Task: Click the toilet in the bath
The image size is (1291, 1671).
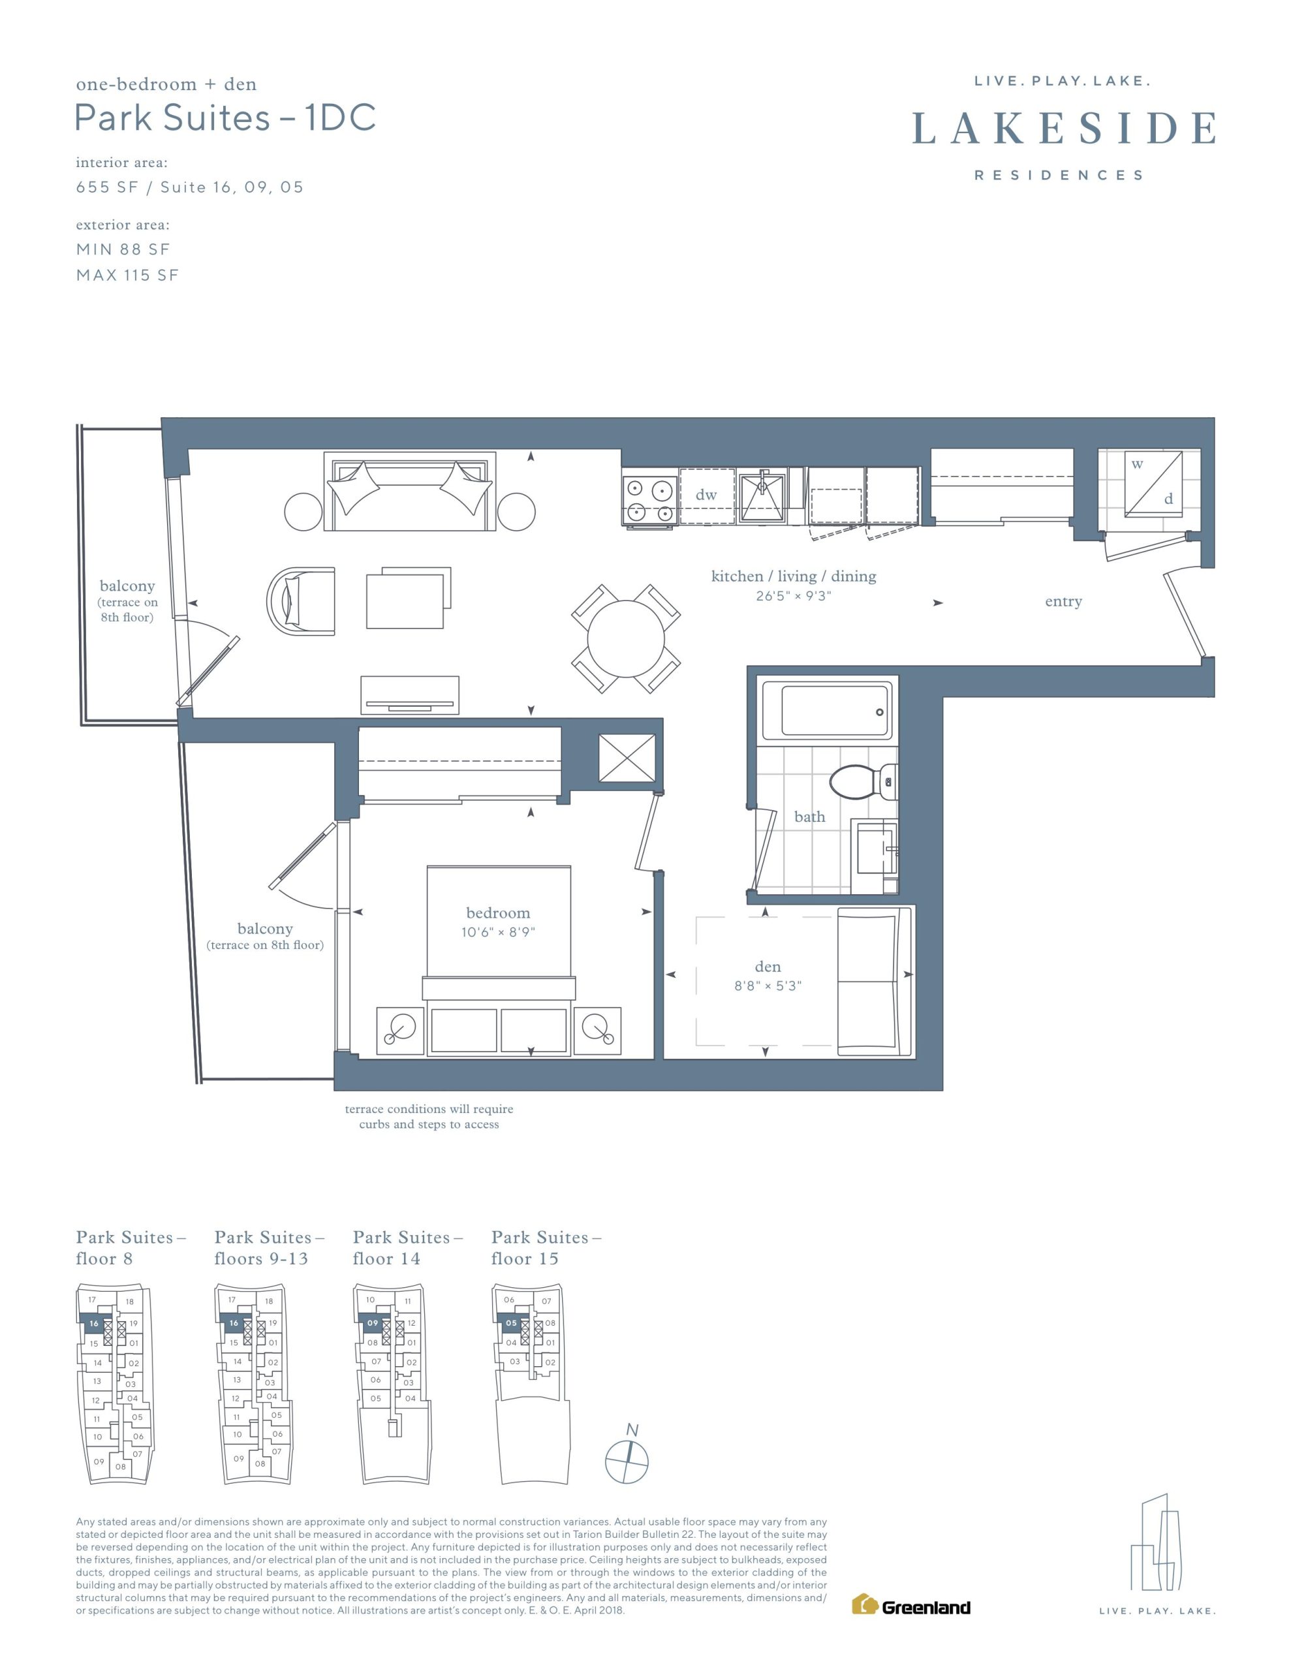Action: click(864, 782)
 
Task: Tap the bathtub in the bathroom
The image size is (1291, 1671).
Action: click(827, 711)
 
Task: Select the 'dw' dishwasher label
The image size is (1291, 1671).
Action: click(706, 495)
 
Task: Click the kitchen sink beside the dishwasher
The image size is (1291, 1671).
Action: click(762, 496)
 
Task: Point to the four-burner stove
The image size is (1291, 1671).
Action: click(649, 499)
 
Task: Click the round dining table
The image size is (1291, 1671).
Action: click(626, 639)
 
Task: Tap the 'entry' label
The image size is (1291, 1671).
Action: click(1063, 602)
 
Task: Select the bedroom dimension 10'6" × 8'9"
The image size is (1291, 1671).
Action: click(498, 932)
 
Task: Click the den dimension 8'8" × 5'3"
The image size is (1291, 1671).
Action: click(768, 986)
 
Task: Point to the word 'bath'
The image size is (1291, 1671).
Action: click(810, 817)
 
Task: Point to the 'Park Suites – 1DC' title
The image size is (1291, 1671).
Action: click(225, 118)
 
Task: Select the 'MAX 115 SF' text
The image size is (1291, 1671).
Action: click(127, 275)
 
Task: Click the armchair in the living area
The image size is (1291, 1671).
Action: click(301, 601)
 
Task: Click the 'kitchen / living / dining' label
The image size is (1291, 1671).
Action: click(794, 576)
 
